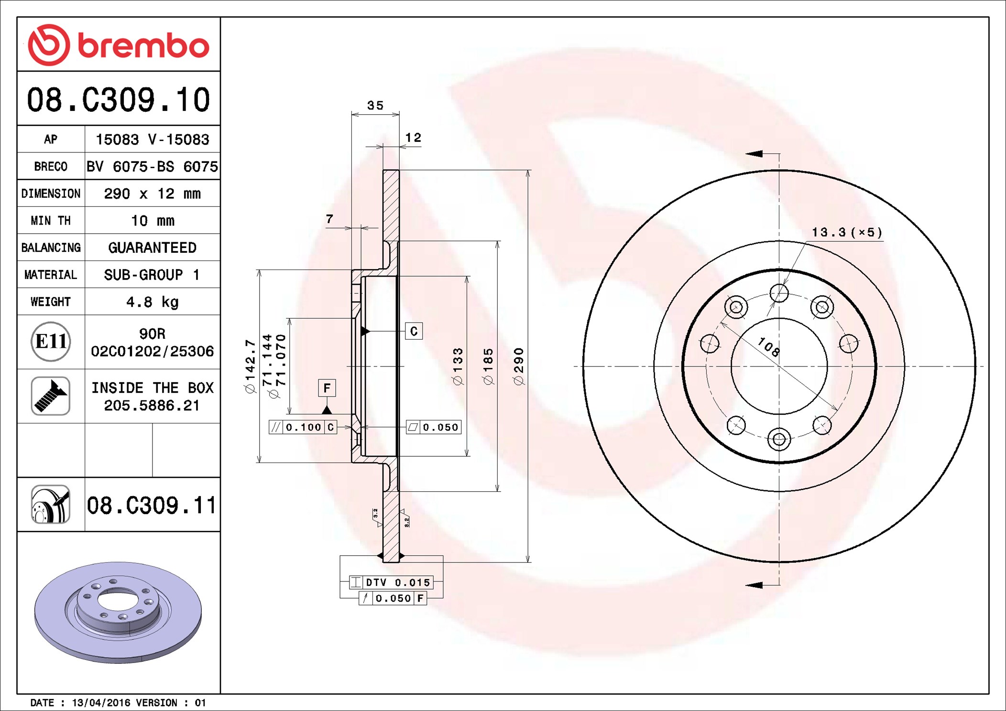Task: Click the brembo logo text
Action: click(x=143, y=46)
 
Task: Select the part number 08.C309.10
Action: click(x=119, y=100)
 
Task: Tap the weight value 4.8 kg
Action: click(x=153, y=302)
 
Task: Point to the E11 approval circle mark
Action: click(x=51, y=342)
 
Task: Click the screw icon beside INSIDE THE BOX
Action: click(x=51, y=396)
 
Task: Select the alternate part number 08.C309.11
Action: click(x=152, y=505)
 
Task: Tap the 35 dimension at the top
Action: click(x=375, y=105)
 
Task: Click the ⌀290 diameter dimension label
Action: click(x=519, y=366)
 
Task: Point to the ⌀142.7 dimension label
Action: click(x=251, y=366)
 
